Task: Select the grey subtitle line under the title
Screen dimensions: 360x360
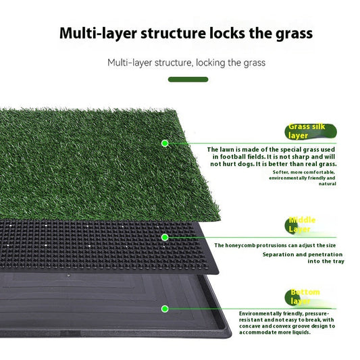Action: (x=186, y=63)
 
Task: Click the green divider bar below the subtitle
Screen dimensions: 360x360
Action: (x=188, y=79)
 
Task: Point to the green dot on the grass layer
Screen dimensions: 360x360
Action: (x=164, y=143)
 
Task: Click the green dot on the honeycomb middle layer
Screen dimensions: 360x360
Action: (x=164, y=237)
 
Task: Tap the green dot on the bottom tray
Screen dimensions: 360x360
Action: (x=164, y=309)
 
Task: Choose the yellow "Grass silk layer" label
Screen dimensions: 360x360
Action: (x=308, y=131)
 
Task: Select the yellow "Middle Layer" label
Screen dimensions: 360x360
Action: (x=302, y=224)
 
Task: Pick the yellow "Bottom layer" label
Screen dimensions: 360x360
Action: (x=305, y=296)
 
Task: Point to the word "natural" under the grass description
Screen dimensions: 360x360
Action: (x=327, y=184)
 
